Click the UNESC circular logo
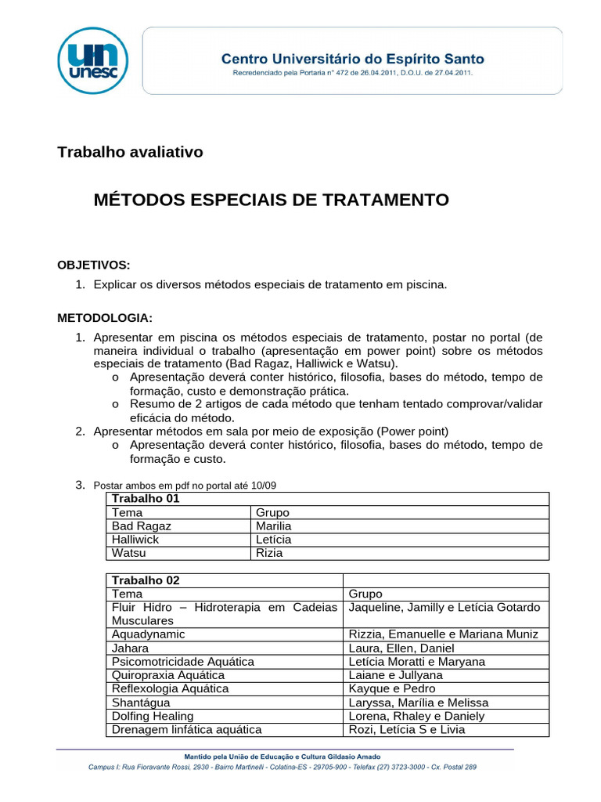pos(93,60)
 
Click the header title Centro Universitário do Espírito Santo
pos(353,59)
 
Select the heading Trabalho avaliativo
pos(130,152)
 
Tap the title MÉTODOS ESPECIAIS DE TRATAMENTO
pos(271,200)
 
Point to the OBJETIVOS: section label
pos(94,265)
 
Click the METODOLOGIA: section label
pos(105,318)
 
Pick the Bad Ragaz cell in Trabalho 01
pos(142,526)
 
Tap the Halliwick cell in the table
pos(135,540)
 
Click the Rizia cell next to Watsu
pos(270,553)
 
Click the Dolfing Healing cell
pos(153,716)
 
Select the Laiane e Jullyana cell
pos(395,675)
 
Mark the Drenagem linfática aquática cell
pos(186,730)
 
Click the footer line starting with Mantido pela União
pos(282,757)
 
